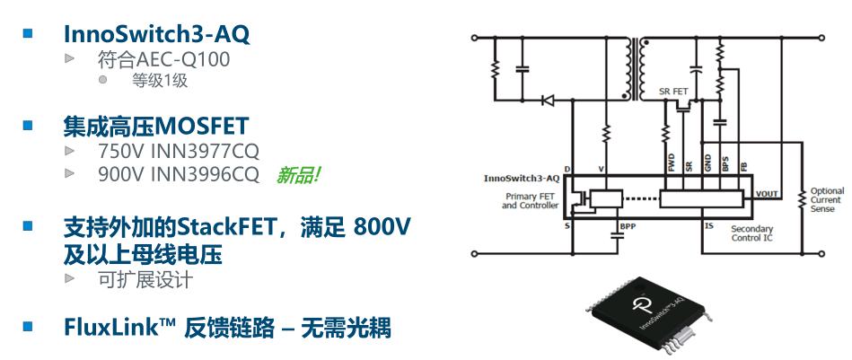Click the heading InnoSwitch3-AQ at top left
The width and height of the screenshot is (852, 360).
coord(156,34)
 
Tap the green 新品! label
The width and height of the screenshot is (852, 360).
coord(298,175)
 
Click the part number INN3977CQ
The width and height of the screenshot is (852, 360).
coord(205,151)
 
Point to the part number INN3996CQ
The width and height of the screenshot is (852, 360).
coord(205,174)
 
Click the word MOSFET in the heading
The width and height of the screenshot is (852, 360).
coord(202,127)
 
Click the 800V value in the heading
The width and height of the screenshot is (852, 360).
coord(382,226)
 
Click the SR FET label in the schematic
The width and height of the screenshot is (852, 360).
coord(673,92)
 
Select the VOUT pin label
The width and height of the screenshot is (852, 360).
coord(767,194)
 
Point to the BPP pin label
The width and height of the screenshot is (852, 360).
coord(627,226)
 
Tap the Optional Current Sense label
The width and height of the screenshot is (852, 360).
coord(827,200)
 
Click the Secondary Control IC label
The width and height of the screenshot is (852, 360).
coord(752,233)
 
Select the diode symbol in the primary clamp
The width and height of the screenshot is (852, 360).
coord(549,100)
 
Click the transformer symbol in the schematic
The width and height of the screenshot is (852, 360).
coord(637,69)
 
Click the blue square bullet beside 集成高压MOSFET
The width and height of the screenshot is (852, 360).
coord(28,126)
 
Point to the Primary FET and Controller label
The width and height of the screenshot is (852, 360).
coord(530,201)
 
